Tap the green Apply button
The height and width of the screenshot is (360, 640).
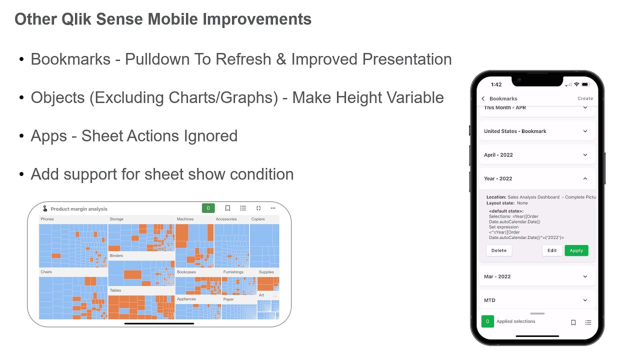576,250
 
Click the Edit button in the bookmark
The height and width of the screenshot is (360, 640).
552,250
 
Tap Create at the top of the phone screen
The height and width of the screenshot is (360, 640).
585,98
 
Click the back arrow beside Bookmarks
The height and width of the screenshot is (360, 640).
483,98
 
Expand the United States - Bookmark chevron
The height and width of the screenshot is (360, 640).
585,131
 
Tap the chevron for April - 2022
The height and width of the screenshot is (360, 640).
585,155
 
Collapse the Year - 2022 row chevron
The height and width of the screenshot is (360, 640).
585,178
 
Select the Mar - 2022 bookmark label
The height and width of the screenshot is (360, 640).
497,276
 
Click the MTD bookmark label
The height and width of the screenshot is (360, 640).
489,300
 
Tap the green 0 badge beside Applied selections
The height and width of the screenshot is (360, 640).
487,321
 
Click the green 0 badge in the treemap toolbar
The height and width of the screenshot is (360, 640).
208,208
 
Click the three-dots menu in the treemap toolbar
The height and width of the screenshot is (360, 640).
273,208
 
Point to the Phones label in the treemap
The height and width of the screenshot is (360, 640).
47,219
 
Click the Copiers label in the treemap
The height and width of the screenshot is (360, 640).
258,219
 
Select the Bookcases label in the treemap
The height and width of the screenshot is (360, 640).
186,272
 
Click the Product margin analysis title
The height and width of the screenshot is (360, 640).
79,209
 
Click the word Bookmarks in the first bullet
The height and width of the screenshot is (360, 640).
70,59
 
